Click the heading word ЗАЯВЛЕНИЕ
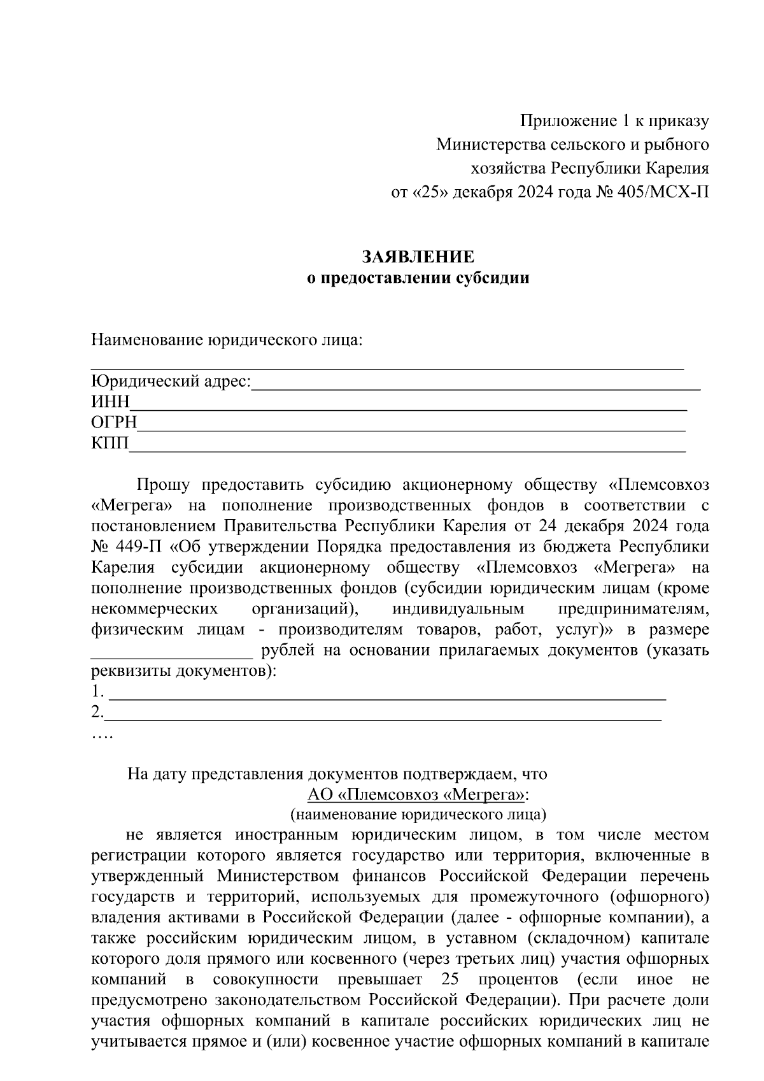point(418,257)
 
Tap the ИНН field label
point(110,402)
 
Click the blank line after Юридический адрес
point(476,384)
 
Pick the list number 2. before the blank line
point(97,712)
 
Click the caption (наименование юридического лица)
point(418,815)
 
